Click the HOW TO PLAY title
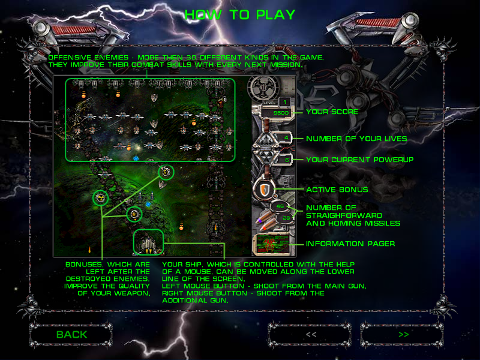[240, 14]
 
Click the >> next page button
[403, 334]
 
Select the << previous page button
[311, 334]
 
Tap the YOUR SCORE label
[332, 112]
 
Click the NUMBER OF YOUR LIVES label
[356, 139]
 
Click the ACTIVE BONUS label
[337, 190]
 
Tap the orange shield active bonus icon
[263, 190]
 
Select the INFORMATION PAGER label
[350, 244]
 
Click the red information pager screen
[269, 244]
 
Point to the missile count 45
[280, 207]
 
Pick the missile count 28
[286, 217]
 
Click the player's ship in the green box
[148, 241]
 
